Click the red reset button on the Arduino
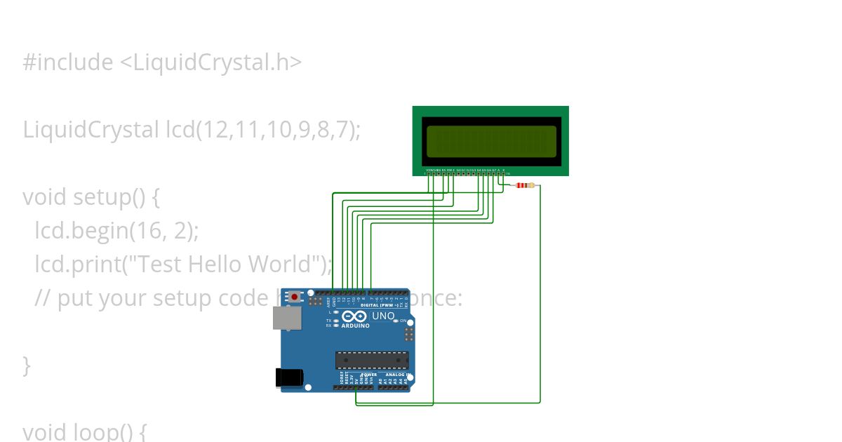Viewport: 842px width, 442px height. tap(295, 297)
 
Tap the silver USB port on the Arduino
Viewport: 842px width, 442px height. tap(287, 319)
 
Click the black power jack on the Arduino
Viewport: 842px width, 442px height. tap(289, 377)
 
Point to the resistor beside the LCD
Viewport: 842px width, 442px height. tap(524, 185)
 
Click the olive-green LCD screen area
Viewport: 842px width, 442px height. tap(491, 141)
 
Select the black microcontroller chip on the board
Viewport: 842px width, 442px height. tap(372, 360)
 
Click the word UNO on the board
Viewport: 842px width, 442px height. tap(383, 316)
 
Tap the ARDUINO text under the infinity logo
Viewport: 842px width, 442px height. tap(356, 326)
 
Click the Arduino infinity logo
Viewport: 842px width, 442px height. tap(355, 316)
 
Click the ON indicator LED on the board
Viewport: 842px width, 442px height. tap(396, 321)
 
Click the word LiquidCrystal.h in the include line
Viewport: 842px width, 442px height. tap(210, 62)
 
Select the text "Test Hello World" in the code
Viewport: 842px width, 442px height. tap(225, 264)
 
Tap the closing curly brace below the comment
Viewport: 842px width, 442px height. tap(27, 365)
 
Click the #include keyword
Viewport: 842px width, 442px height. tap(67, 62)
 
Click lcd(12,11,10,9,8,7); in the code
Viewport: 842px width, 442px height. tap(263, 130)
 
